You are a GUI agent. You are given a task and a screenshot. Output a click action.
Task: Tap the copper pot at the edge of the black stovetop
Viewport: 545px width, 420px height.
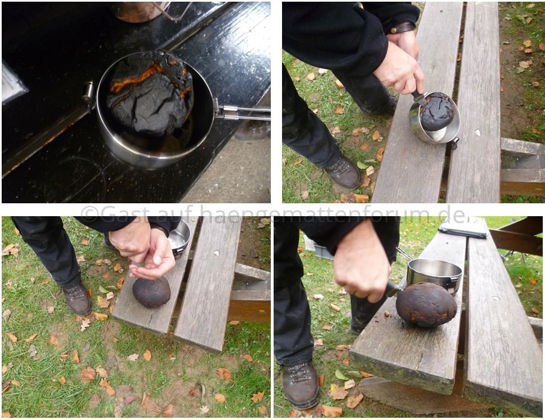[x=139, y=11]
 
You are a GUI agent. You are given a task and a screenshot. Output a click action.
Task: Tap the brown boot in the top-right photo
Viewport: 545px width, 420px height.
[x=343, y=171]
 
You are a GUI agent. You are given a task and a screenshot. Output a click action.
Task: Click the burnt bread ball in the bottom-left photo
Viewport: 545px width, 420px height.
[x=151, y=292]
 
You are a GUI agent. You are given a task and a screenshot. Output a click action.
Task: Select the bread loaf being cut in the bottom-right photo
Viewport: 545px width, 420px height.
[x=426, y=305]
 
